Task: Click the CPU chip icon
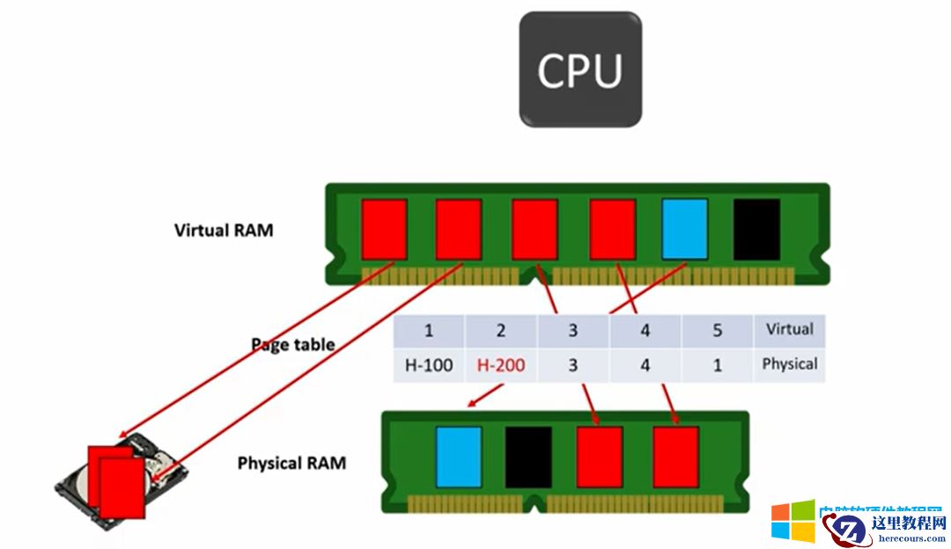coord(579,69)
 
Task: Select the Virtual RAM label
coord(224,231)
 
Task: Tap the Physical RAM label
coord(291,462)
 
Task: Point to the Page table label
coord(293,344)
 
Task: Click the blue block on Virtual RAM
coord(685,229)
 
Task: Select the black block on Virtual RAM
coord(757,229)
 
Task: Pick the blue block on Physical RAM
coord(459,457)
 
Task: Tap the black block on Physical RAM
coord(528,457)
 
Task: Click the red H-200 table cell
coord(501,364)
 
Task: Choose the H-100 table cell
coord(429,364)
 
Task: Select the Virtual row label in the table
coord(789,330)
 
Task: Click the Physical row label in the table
coord(789,363)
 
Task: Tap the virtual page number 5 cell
coord(717,331)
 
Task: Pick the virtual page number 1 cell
coord(429,331)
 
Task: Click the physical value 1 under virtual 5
coord(717,364)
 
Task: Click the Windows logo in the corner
coord(792,521)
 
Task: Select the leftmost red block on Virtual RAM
coord(384,229)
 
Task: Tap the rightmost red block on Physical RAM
coord(676,457)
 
